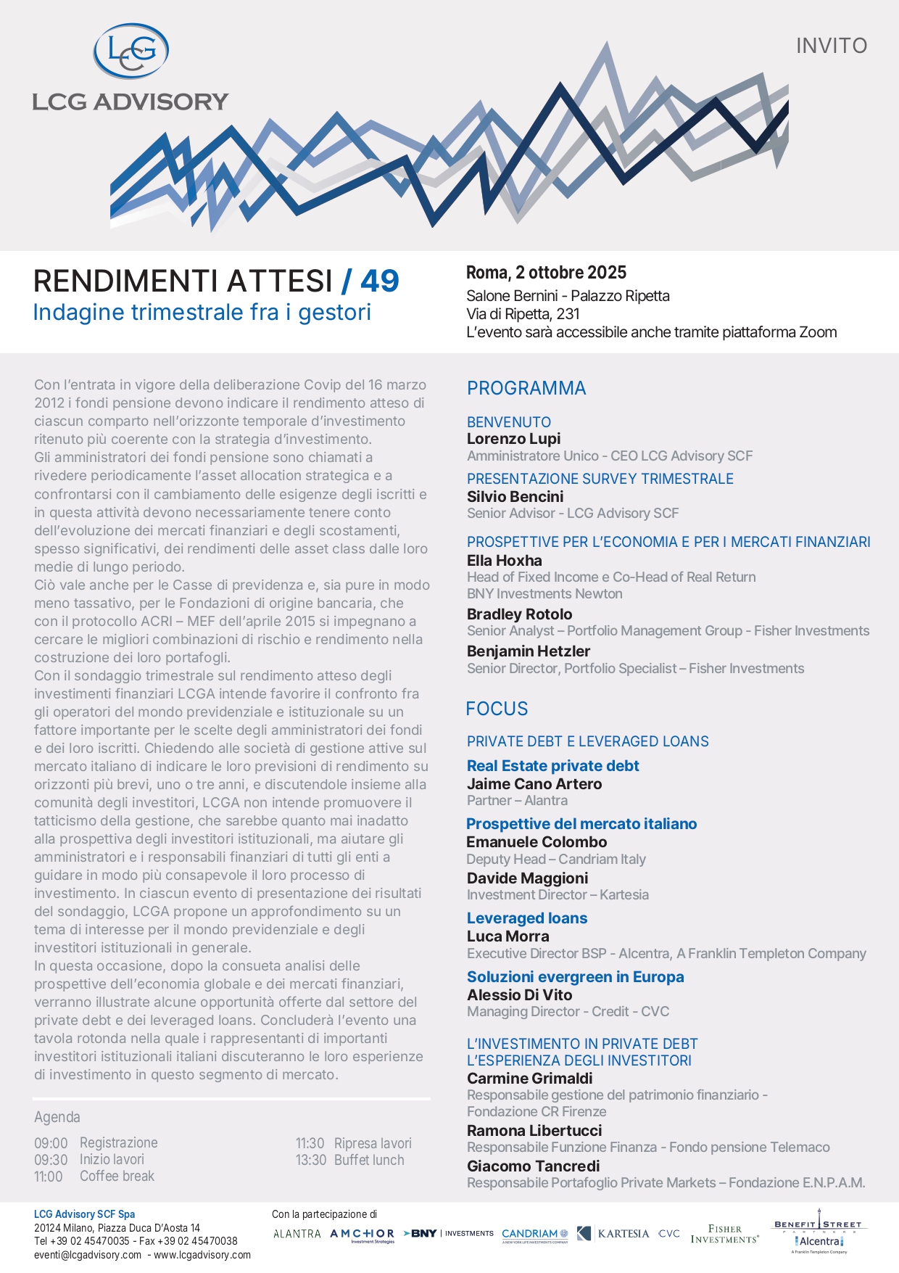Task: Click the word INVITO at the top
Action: point(832,46)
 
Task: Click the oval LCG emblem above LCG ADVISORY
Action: point(131,51)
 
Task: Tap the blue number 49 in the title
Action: point(379,281)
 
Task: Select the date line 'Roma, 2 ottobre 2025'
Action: point(546,273)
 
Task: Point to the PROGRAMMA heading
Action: point(526,388)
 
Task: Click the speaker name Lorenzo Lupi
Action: point(513,439)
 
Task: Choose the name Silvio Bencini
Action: point(515,497)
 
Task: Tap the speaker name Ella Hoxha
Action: point(504,561)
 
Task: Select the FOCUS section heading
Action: point(497,709)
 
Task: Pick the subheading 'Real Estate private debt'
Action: point(552,766)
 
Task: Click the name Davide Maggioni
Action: point(527,878)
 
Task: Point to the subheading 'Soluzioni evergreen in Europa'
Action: point(575,977)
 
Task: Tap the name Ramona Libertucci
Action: point(534,1131)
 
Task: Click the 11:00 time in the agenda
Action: point(49,1177)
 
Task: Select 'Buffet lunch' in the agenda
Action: point(369,1160)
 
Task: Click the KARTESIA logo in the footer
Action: point(613,1234)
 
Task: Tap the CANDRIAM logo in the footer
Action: point(535,1235)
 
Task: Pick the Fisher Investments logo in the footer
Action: point(724,1234)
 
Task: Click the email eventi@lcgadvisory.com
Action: point(88,1255)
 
